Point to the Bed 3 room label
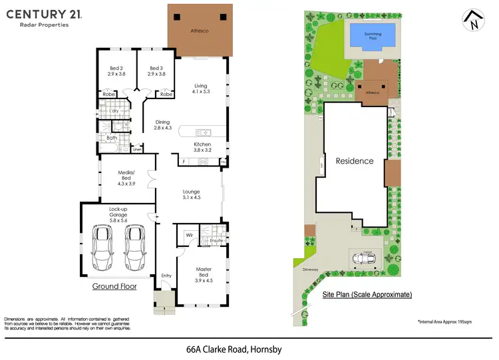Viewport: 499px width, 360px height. [x=156, y=71]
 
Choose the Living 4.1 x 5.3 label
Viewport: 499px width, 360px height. [x=201, y=89]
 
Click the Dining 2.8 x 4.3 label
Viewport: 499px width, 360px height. [x=163, y=125]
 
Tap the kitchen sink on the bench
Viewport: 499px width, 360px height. [x=203, y=132]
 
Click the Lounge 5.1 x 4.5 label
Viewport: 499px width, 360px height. [x=192, y=195]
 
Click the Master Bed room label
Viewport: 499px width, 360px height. [x=204, y=273]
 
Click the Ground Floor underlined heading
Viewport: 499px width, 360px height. [x=114, y=287]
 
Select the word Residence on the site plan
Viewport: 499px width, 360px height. [x=354, y=161]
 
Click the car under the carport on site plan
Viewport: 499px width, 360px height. [x=364, y=258]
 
